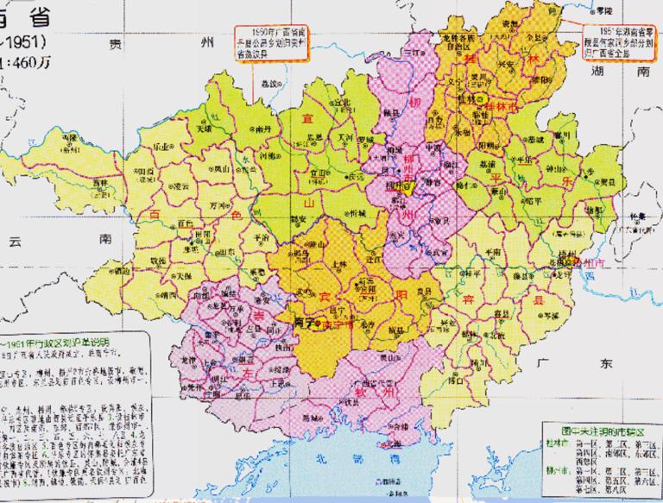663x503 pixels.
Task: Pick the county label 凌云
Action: click(x=180, y=185)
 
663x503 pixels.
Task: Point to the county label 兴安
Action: click(x=512, y=63)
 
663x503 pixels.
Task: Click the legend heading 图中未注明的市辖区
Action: click(x=595, y=428)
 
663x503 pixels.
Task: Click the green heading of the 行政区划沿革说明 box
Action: click(x=65, y=339)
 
